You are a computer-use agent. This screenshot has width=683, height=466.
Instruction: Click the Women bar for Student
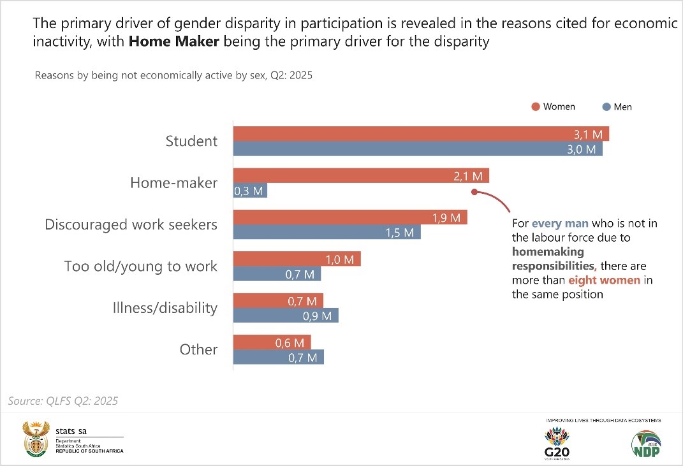pos(421,134)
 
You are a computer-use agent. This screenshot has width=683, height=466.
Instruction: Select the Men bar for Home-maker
pos(250,191)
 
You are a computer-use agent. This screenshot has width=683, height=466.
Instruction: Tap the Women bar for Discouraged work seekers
pos(349,217)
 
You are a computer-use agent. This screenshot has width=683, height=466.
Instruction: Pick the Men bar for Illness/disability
pos(285,316)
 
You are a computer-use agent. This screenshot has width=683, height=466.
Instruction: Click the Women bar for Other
pos(272,342)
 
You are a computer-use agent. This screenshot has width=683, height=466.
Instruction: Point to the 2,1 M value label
pos(469,176)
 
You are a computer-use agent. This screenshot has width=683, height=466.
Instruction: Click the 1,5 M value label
pos(400,233)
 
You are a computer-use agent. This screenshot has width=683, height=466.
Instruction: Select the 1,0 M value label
pos(340,259)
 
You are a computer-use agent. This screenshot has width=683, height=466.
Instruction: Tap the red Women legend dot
pos(536,106)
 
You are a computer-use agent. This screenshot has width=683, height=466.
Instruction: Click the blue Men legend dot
pos(606,106)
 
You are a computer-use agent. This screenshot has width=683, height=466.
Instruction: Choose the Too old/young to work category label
pos(140,266)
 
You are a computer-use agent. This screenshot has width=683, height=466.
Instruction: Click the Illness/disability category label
pos(165,308)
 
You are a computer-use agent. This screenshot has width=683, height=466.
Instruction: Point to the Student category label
pos(191,141)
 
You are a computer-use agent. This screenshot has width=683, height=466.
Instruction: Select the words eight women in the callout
pos(604,280)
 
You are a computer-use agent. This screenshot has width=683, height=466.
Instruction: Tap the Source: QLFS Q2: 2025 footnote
pos(63,401)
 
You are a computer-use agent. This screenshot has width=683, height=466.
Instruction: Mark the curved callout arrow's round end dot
pos(474,191)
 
